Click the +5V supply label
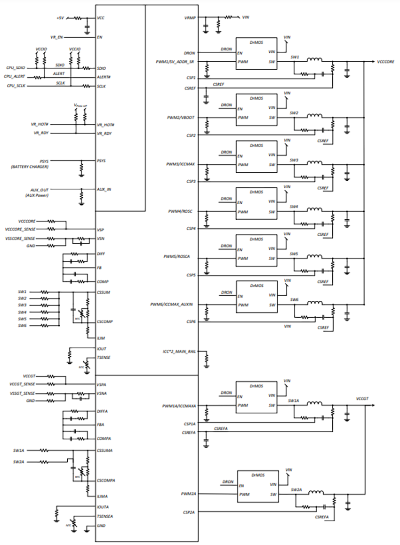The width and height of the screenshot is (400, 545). tap(60, 17)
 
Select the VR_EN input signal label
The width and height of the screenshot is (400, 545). tap(56, 36)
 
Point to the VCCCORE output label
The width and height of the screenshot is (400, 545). tap(385, 62)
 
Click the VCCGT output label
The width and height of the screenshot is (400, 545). tap(362, 398)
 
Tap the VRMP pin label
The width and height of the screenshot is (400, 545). tap(190, 17)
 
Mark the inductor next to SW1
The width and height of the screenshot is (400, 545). tap(314, 60)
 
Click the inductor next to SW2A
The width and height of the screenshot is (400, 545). tap(315, 493)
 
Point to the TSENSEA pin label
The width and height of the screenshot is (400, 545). tap(104, 516)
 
